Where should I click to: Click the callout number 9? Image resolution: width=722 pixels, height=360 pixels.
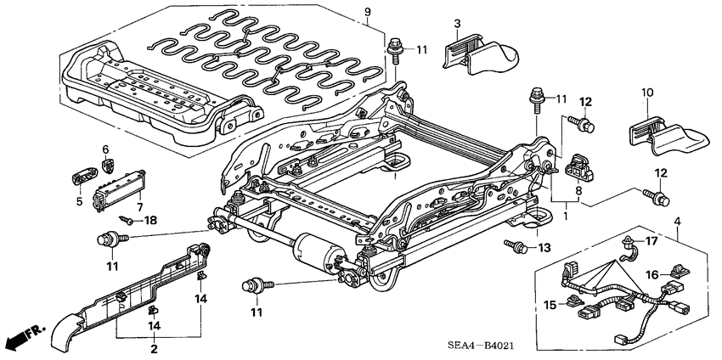pos(368,11)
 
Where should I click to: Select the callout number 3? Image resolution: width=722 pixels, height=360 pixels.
pos(456,22)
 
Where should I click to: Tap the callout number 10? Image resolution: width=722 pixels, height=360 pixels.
pos(646,92)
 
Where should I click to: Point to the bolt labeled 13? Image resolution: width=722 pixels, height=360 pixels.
pos(515,246)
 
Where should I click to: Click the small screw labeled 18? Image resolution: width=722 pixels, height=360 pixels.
pos(125,219)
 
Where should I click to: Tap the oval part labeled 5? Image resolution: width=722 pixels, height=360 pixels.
pos(82,177)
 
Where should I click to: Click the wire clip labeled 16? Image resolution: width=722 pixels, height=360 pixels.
pos(677,273)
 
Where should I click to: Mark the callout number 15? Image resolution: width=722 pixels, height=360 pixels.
pos(549,304)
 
